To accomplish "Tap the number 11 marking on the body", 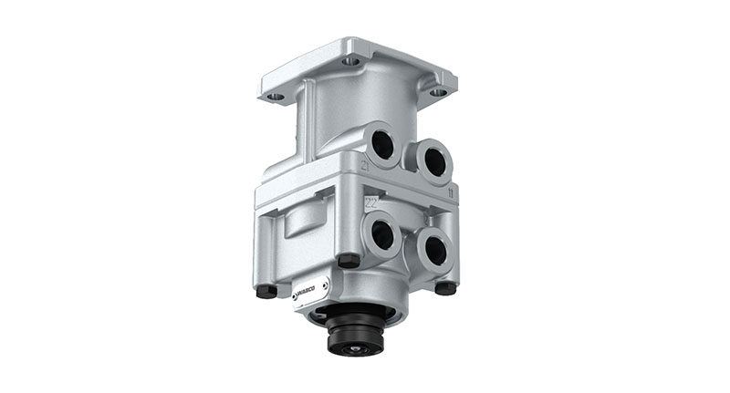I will pos(452,194).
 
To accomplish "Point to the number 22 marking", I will pos(370,202).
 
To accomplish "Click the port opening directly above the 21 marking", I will pos(383,143).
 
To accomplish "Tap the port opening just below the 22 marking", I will pos(381,235).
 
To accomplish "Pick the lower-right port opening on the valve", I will pos(433,248).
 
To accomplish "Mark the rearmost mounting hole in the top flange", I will pos(351,61).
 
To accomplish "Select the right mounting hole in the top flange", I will pos(438,92).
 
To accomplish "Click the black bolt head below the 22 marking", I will pos(348,261).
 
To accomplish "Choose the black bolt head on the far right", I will pos(445,287).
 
